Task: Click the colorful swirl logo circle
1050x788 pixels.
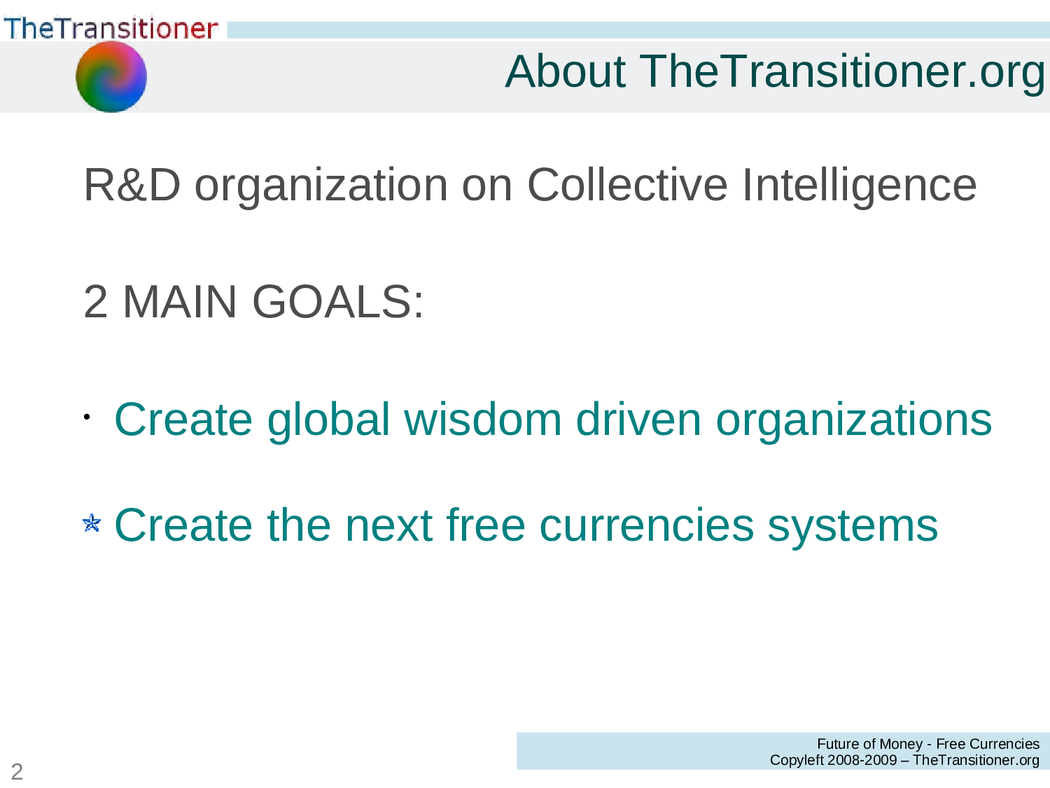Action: [x=111, y=76]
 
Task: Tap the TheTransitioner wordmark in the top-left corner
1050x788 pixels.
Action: [x=111, y=28]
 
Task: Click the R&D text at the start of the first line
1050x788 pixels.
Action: [x=132, y=185]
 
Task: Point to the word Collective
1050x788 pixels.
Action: [x=627, y=185]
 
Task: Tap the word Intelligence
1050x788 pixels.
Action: [x=859, y=185]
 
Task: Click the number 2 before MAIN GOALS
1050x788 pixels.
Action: [x=95, y=302]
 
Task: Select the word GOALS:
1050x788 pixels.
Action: [x=337, y=302]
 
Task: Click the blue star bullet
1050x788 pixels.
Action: [x=92, y=523]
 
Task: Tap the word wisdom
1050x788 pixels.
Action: [x=482, y=420]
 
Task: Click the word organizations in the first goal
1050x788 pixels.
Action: [x=853, y=420]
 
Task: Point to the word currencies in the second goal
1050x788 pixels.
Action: [x=646, y=525]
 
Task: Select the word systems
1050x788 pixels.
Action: [x=853, y=525]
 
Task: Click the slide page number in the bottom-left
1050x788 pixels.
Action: [x=17, y=771]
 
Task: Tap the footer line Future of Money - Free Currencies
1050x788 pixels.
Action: [x=927, y=744]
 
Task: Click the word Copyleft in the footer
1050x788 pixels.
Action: [x=796, y=760]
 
